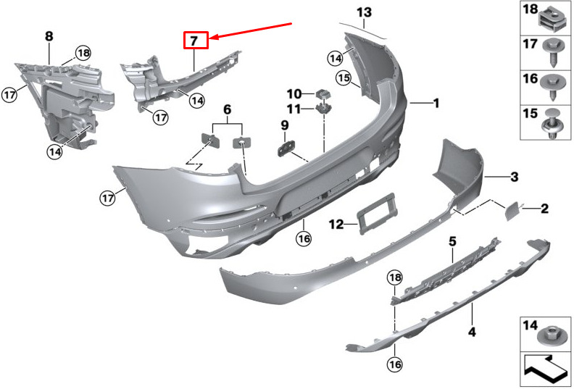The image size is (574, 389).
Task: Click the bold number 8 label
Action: click(x=49, y=36)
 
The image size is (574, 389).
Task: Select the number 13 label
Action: click(x=365, y=12)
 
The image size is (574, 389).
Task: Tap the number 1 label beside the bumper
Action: click(x=436, y=103)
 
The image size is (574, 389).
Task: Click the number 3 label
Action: click(x=515, y=177)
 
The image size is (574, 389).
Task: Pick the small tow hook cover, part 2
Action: click(x=512, y=211)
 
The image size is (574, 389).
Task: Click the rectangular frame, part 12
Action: click(x=377, y=214)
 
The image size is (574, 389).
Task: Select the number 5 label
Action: click(x=452, y=241)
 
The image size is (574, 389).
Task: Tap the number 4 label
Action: click(x=473, y=332)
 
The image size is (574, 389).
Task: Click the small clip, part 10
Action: click(x=323, y=94)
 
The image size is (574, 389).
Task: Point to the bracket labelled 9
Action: click(x=286, y=149)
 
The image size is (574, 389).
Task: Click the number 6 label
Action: click(x=228, y=109)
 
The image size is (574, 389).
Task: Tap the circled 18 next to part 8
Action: click(x=83, y=53)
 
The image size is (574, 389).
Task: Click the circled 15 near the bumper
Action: click(x=344, y=78)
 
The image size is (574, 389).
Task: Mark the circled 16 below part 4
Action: click(x=394, y=364)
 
